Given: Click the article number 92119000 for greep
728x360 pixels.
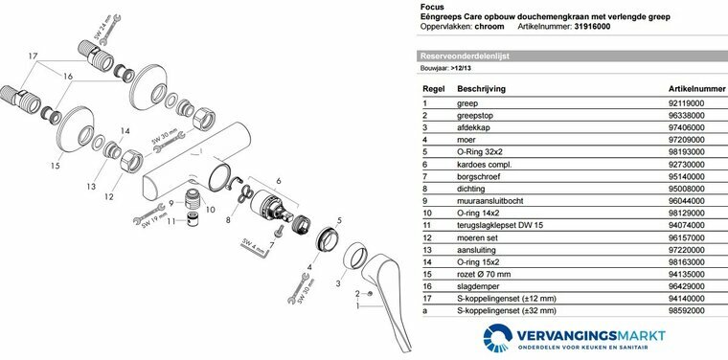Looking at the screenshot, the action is [x=686, y=103].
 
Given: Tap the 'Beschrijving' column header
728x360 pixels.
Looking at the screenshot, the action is [x=482, y=89].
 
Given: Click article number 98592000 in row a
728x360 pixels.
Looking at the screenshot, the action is [x=686, y=310].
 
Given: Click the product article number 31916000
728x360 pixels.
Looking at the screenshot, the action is [x=592, y=27].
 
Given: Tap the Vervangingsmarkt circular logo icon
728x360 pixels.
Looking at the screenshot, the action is [x=498, y=338].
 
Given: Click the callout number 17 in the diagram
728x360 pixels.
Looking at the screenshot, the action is [x=33, y=56].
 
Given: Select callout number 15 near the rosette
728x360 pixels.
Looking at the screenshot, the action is [x=56, y=165].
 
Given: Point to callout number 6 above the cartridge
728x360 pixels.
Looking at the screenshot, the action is [x=278, y=181].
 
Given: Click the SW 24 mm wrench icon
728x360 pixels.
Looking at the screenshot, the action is [x=109, y=30].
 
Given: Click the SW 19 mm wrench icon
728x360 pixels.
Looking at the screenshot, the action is [x=148, y=214].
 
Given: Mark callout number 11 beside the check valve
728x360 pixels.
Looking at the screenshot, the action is [x=171, y=221].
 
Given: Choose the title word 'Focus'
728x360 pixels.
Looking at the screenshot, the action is [x=432, y=7].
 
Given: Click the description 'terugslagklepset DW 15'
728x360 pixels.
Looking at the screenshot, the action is [x=500, y=225].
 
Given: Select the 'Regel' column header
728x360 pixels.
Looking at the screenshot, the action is [x=434, y=89].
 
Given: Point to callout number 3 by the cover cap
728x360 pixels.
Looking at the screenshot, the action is [x=338, y=283].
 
